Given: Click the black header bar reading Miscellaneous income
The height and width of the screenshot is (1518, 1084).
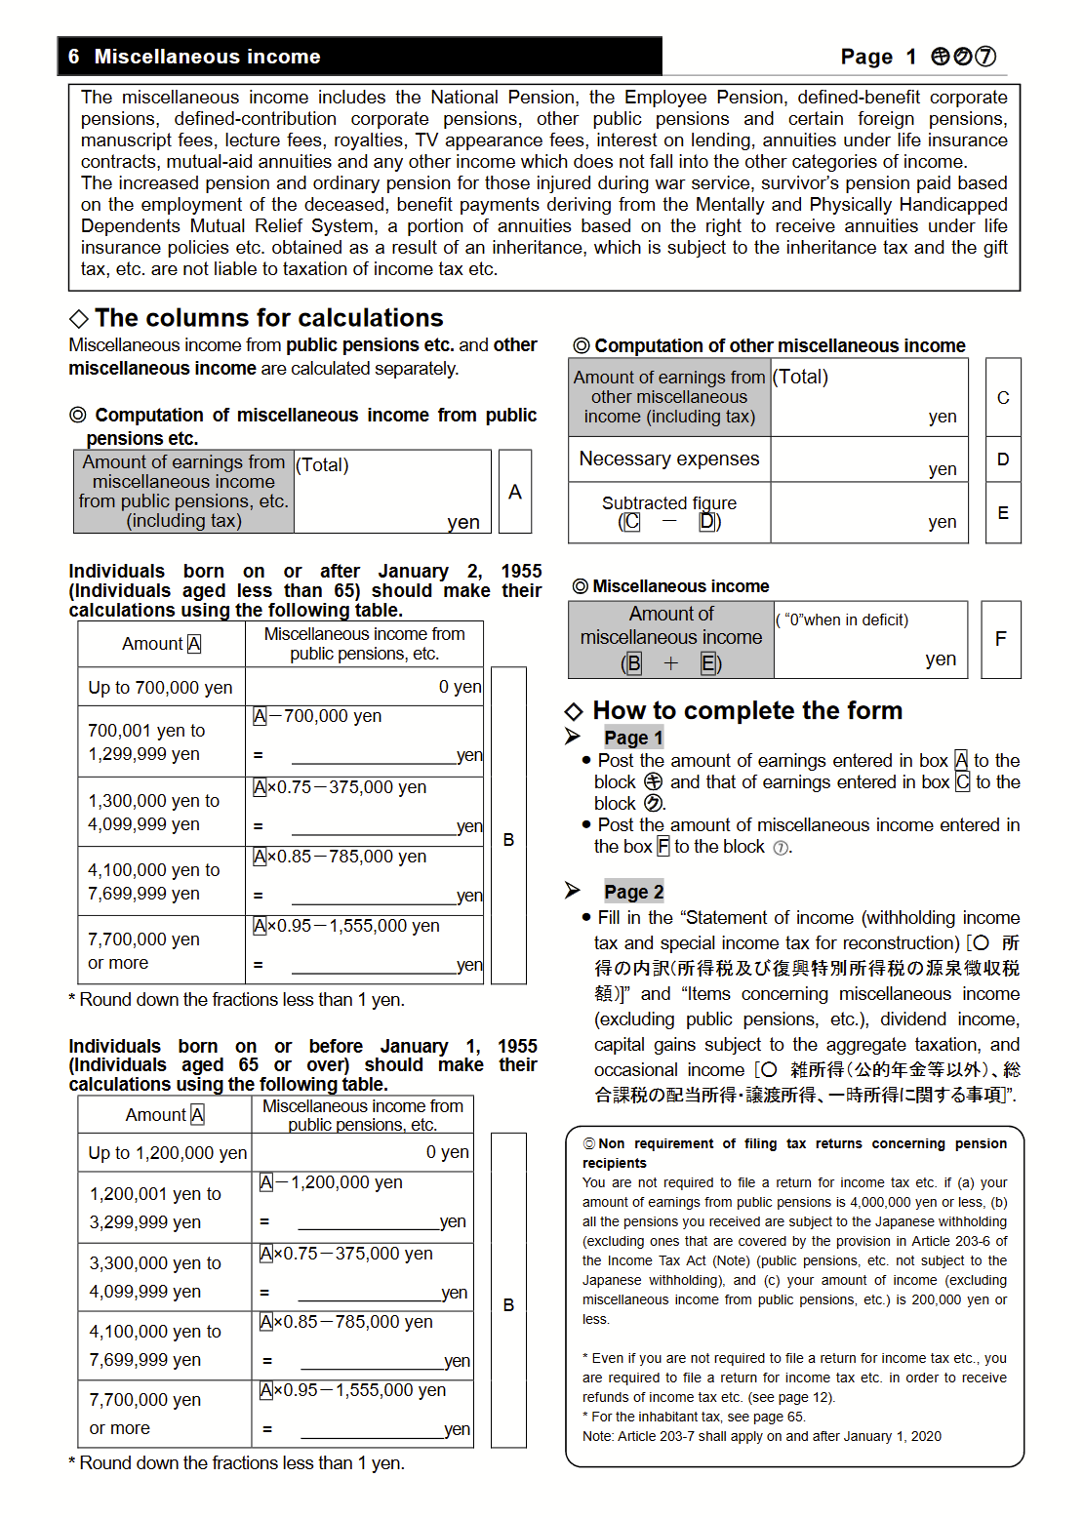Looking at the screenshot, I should point(359,57).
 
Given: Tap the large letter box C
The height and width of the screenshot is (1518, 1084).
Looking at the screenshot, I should point(1003,397).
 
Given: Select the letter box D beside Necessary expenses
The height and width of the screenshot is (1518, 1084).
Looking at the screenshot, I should point(1003,459).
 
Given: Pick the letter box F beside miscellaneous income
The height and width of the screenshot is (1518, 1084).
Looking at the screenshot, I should point(1000,639).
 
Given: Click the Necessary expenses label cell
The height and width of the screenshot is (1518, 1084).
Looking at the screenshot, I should point(669,459).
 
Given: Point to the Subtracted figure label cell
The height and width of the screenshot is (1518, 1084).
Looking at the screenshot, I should point(669,512).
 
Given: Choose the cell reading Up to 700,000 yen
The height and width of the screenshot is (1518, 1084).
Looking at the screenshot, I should point(161,687).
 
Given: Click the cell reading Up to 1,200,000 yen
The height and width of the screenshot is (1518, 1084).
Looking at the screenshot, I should point(166,1152).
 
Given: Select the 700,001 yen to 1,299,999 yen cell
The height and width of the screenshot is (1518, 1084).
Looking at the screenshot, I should point(161,741).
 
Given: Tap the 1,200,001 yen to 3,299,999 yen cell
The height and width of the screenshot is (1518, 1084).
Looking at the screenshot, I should point(164,1208).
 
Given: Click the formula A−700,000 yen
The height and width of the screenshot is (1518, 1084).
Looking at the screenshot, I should point(317,716).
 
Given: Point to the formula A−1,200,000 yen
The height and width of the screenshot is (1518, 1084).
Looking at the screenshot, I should point(331,1182).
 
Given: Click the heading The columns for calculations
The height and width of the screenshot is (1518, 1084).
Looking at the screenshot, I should point(268,318).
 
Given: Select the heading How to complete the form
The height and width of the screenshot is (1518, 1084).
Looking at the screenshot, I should point(746,710).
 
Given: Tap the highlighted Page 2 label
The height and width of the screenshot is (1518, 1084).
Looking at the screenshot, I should point(633,892).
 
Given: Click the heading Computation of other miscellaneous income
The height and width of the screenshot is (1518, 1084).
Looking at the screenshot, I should point(779,345).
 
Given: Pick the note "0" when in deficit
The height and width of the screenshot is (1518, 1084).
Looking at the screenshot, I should point(844,619).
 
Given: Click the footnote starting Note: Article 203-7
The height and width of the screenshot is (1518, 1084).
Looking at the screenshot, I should point(761,1436).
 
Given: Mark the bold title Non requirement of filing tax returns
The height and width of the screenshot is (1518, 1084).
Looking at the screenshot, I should point(794,1152).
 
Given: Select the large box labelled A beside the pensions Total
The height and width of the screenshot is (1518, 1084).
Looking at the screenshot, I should point(515,492).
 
